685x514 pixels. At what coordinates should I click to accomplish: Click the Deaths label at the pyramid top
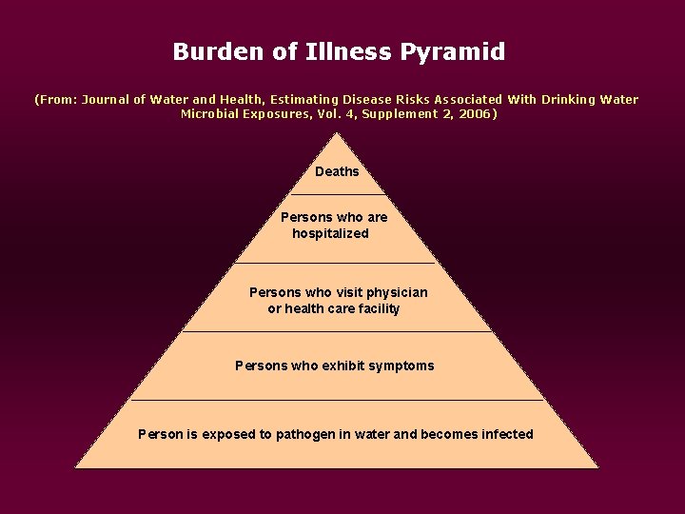point(337,171)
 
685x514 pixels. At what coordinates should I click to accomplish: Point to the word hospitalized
point(330,233)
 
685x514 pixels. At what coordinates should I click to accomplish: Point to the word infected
point(507,434)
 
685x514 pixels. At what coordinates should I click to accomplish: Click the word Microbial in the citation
point(211,114)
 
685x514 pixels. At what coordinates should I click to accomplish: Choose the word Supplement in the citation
point(401,114)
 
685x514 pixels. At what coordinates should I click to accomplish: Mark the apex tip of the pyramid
point(337,134)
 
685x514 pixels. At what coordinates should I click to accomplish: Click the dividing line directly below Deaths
point(337,194)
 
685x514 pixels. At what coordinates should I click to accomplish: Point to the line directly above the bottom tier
point(337,400)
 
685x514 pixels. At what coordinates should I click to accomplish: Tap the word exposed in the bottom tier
point(225,434)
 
